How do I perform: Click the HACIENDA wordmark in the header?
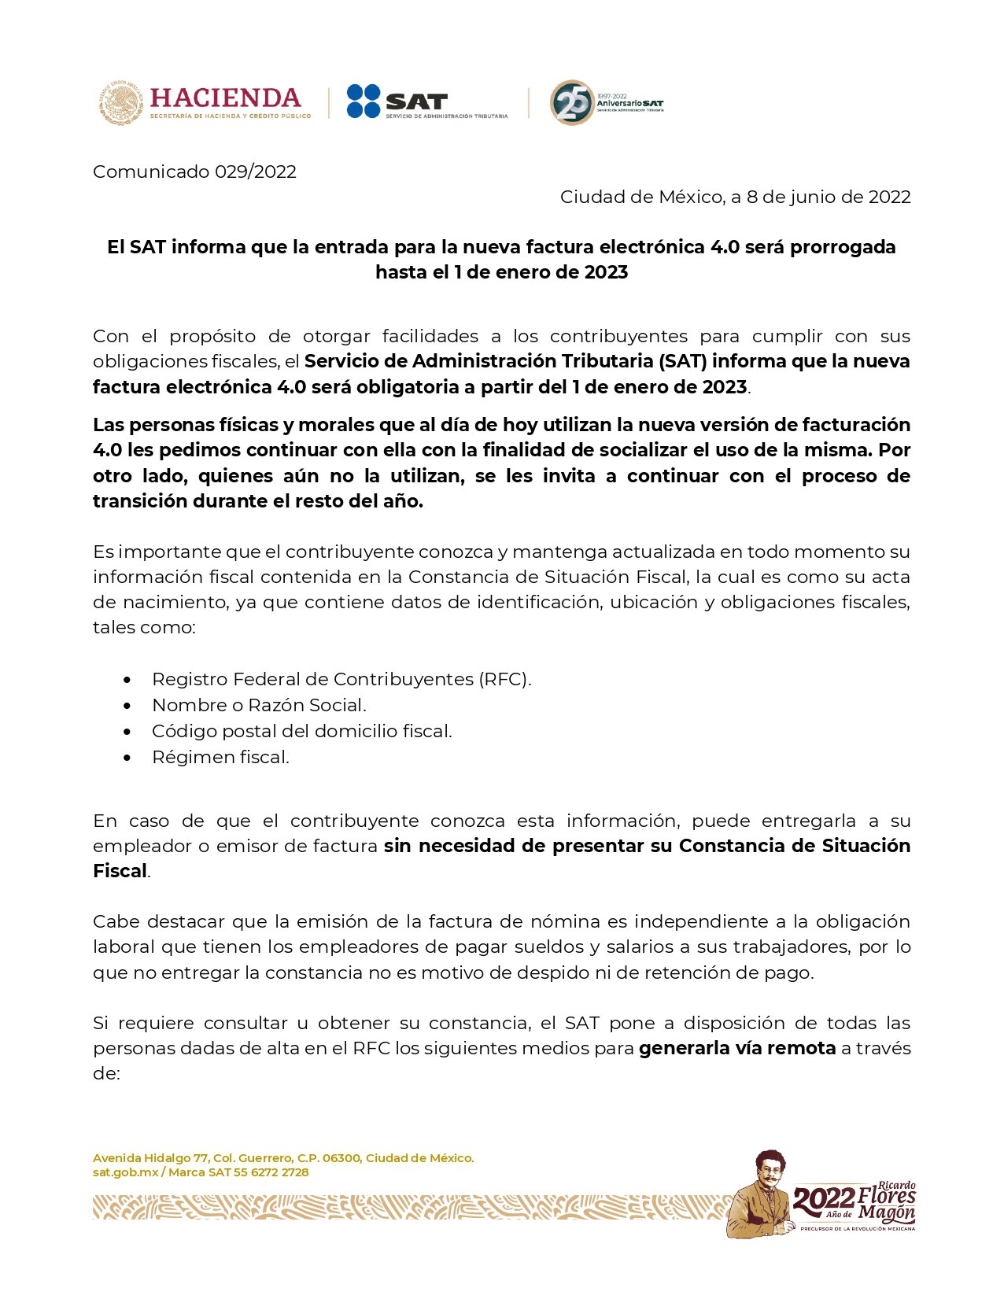225,98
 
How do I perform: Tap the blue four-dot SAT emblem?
364,101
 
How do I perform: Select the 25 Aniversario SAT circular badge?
572,102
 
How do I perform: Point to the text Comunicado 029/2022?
194,172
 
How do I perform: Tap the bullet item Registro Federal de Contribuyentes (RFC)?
341,679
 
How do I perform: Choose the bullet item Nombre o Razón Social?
259,705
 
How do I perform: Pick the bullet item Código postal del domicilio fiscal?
301,731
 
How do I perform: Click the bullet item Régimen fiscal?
220,757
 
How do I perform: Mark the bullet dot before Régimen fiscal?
127,758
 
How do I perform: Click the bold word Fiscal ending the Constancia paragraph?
120,871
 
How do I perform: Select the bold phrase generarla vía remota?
736,1048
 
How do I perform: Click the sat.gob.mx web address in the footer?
126,1172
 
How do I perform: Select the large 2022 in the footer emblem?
823,1199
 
